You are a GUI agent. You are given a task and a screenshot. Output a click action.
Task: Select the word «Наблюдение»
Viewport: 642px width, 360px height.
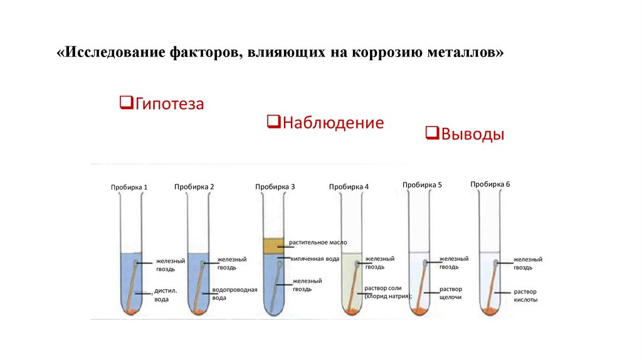click(x=333, y=122)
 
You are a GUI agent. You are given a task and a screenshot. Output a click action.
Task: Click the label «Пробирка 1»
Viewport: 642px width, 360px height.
click(x=129, y=188)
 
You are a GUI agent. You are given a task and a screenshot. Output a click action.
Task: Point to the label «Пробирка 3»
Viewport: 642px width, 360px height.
click(x=275, y=187)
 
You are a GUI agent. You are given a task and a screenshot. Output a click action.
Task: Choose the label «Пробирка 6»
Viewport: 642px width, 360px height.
click(x=490, y=184)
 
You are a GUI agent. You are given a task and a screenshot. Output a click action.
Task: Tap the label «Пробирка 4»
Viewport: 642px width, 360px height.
click(x=349, y=187)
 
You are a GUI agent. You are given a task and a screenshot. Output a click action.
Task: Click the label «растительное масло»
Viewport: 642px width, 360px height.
click(x=318, y=242)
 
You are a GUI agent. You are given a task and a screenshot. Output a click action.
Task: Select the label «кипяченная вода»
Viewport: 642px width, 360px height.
click(x=315, y=258)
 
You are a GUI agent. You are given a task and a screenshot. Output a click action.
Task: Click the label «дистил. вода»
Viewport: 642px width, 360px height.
click(x=166, y=295)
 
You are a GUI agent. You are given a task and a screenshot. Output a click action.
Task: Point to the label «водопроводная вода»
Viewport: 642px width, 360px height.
click(x=235, y=294)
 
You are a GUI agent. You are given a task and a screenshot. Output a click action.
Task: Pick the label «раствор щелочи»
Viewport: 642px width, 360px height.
click(x=451, y=293)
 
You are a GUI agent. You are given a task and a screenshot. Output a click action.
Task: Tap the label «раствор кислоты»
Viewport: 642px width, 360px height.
click(x=525, y=295)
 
